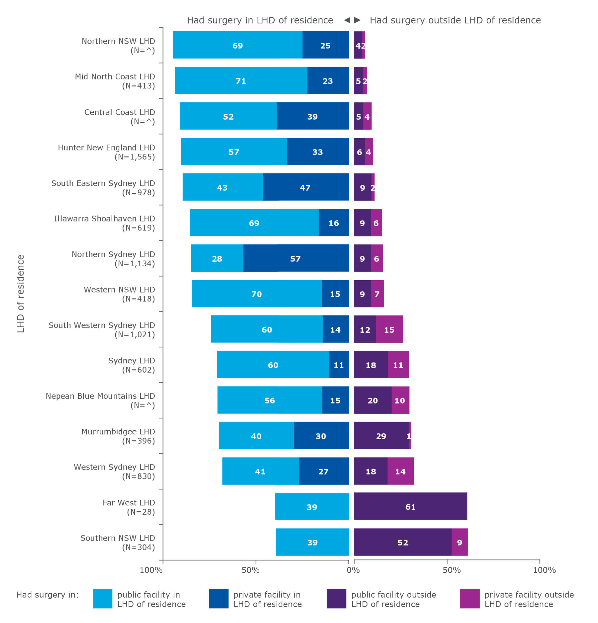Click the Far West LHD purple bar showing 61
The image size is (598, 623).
pos(410,506)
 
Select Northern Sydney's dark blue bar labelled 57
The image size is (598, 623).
pos(296,258)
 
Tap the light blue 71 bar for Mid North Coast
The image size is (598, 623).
pos(241,80)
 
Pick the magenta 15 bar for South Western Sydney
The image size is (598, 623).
pos(389,329)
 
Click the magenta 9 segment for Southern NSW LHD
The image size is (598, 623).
pos(459,542)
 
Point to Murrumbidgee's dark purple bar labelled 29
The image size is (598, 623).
pos(381,435)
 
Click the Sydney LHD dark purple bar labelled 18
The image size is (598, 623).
pos(371,365)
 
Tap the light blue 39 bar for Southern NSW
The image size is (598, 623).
pos(312,542)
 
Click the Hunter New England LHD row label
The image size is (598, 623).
pos(106,152)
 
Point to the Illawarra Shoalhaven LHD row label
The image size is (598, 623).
pos(104,223)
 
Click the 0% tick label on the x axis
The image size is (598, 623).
pos(353,570)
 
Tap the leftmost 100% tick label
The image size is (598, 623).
pos(151,570)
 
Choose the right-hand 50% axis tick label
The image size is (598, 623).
pos(451,570)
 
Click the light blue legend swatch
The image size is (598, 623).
pos(102,599)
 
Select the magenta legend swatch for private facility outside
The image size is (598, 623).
pos(469,599)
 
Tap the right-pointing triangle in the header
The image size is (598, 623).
pos(357,20)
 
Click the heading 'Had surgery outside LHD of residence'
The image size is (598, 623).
pos(455,20)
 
